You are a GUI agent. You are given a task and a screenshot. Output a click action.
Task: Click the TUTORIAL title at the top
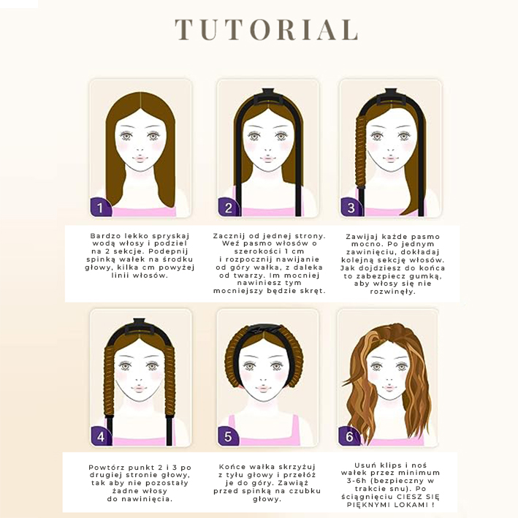click(266, 30)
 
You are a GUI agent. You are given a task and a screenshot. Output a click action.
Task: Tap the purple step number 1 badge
click(100, 207)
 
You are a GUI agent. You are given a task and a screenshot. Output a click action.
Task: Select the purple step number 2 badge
click(228, 207)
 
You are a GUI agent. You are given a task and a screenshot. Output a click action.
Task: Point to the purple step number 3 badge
click(351, 207)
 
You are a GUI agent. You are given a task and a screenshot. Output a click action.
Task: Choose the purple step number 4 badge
click(101, 436)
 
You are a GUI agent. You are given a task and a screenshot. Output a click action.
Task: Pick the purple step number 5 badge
click(228, 436)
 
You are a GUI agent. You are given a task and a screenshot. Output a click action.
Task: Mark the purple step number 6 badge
click(349, 436)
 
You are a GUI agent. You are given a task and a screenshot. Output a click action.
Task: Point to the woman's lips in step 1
click(140, 159)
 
